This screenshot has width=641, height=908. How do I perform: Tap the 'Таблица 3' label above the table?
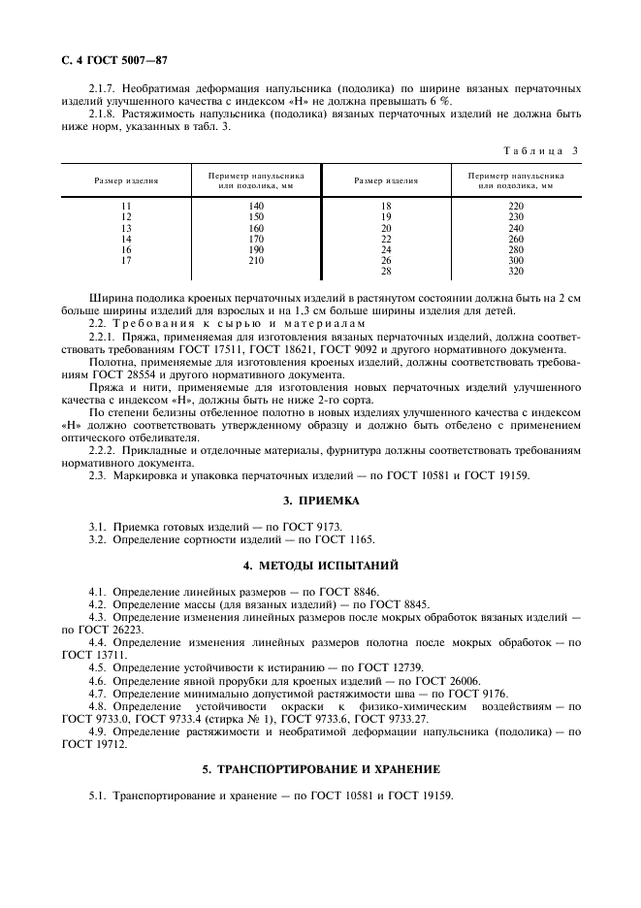pos(541,149)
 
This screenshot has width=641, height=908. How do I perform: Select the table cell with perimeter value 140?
pos(256,207)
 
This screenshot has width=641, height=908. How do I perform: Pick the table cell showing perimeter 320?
pos(516,271)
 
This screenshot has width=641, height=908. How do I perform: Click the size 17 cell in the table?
pos(126,260)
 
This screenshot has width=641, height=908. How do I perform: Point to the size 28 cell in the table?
pos(386,271)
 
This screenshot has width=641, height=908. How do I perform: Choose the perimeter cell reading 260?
pos(516,239)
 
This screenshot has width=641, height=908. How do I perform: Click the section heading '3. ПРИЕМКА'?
pos(320,501)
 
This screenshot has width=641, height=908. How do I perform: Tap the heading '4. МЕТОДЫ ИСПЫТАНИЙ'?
pos(320,565)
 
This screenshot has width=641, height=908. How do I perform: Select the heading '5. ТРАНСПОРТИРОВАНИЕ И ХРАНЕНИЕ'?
pos(320,769)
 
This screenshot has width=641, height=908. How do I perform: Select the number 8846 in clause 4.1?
pos(364,591)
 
